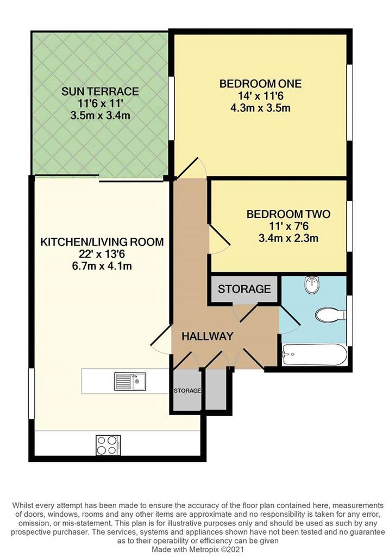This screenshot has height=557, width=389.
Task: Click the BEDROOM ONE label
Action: [x=260, y=84]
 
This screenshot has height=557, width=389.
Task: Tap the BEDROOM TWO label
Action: [x=288, y=214]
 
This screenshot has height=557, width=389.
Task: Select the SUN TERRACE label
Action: [x=100, y=91]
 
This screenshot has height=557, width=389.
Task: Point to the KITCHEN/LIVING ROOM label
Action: [x=102, y=242]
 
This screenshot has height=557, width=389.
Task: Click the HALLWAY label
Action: [x=208, y=336]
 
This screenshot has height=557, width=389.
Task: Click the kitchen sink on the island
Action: [x=129, y=381]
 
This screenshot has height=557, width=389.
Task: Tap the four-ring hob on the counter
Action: [x=108, y=445]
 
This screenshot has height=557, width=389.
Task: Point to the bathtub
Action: [x=314, y=354]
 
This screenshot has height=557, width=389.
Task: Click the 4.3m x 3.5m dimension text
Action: [x=260, y=108]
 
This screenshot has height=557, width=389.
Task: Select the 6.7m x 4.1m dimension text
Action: [x=102, y=265]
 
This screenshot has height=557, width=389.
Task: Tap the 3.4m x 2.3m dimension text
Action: [x=288, y=238]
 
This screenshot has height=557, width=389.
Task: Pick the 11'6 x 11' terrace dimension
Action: [x=100, y=103]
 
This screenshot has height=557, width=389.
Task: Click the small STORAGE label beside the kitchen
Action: [x=187, y=391]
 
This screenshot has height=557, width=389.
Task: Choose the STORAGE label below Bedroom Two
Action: [x=244, y=289]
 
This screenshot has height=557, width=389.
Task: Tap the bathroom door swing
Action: [x=290, y=320]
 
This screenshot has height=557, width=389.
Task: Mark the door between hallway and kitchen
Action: [x=161, y=338]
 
